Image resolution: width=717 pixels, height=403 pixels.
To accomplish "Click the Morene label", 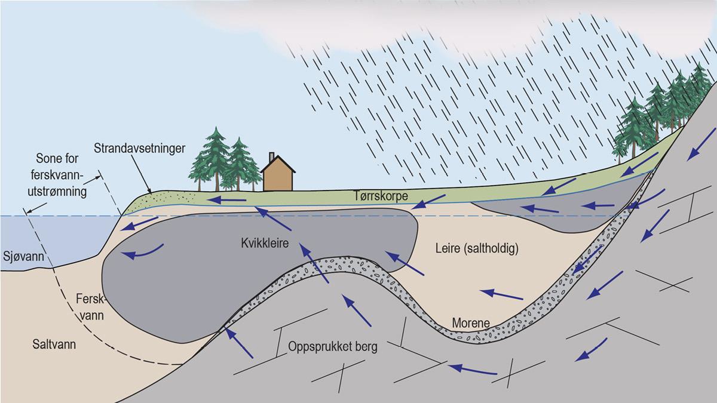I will click(x=471, y=323).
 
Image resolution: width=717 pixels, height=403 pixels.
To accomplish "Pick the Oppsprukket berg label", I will click(x=332, y=347).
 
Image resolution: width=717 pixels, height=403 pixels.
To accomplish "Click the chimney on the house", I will click(x=272, y=157).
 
